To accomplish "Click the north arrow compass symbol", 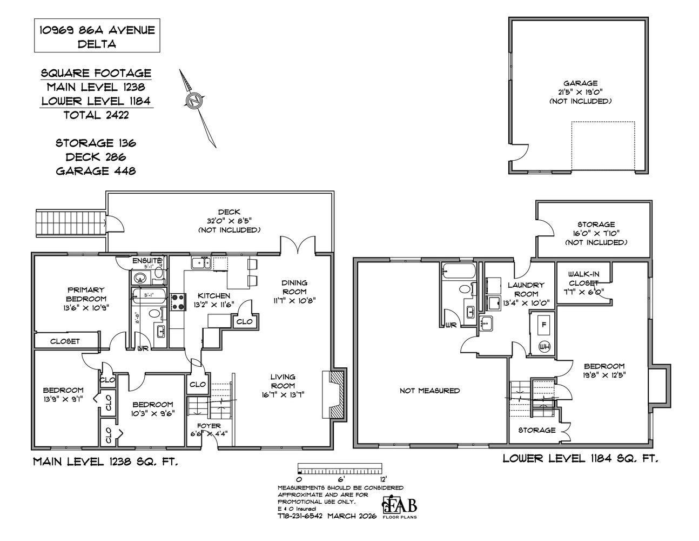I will click(195, 101).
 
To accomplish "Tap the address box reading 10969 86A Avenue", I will click(97, 36).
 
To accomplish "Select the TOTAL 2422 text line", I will click(97, 115).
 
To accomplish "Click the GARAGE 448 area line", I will click(96, 171).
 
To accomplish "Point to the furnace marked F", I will click(543, 325).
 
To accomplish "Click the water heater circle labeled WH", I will click(543, 347).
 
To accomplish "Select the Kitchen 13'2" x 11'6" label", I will click(213, 300).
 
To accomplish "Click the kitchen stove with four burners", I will click(178, 301).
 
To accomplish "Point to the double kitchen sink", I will click(200, 263).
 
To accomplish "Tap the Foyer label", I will click(209, 430).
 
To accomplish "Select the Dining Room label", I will click(294, 291).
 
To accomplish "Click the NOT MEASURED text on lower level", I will click(429, 391).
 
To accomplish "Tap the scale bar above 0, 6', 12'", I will click(339, 468).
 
